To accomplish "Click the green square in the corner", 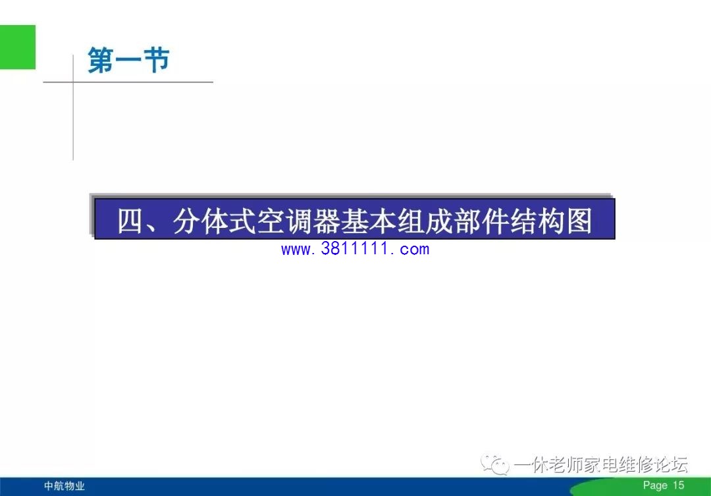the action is [x=18, y=47].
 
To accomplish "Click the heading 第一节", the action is [x=128, y=60].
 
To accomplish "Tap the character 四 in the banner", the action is [x=130, y=221].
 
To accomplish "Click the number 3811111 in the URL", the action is [x=355, y=248].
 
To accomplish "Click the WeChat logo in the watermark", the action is [x=495, y=464].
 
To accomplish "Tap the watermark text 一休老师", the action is [x=549, y=464].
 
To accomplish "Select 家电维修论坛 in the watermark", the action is [x=636, y=464].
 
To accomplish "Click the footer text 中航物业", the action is [x=65, y=486].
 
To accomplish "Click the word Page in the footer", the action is [x=655, y=485].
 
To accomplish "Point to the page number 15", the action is [x=678, y=485].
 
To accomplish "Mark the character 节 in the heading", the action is [x=157, y=60].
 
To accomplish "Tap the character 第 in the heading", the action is [x=101, y=60].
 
